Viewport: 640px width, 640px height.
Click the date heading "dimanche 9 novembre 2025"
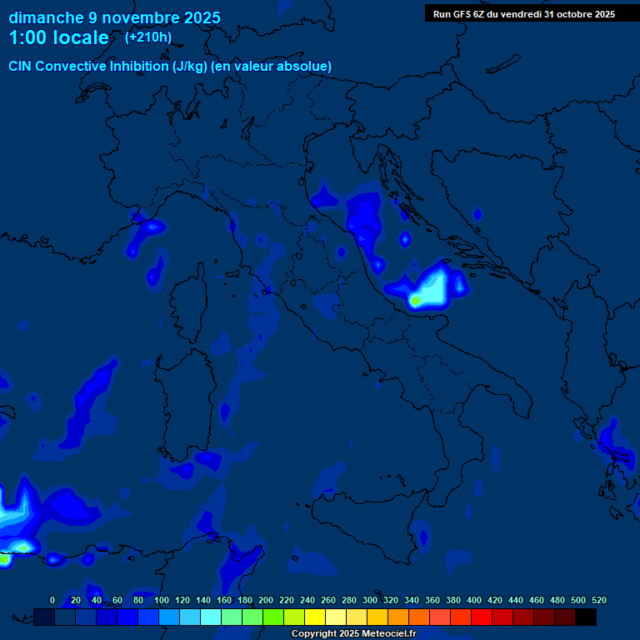[114, 17]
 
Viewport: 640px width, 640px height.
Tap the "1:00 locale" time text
[58, 37]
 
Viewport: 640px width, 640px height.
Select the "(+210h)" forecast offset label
[148, 37]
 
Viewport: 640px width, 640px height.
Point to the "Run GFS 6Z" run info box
[524, 13]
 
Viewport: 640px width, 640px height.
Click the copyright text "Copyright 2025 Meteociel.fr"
[353, 633]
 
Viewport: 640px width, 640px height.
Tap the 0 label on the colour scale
[52, 600]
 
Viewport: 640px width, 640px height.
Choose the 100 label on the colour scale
[162, 600]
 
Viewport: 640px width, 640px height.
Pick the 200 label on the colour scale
[266, 600]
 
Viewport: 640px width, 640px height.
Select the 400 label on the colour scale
[474, 600]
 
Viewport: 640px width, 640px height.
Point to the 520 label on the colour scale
[598, 600]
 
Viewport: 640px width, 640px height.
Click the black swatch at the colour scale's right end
[586, 617]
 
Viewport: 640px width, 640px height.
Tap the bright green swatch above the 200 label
[273, 617]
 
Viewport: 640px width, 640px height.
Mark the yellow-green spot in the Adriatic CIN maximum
[415, 300]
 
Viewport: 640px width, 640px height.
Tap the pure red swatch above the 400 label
[482, 617]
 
